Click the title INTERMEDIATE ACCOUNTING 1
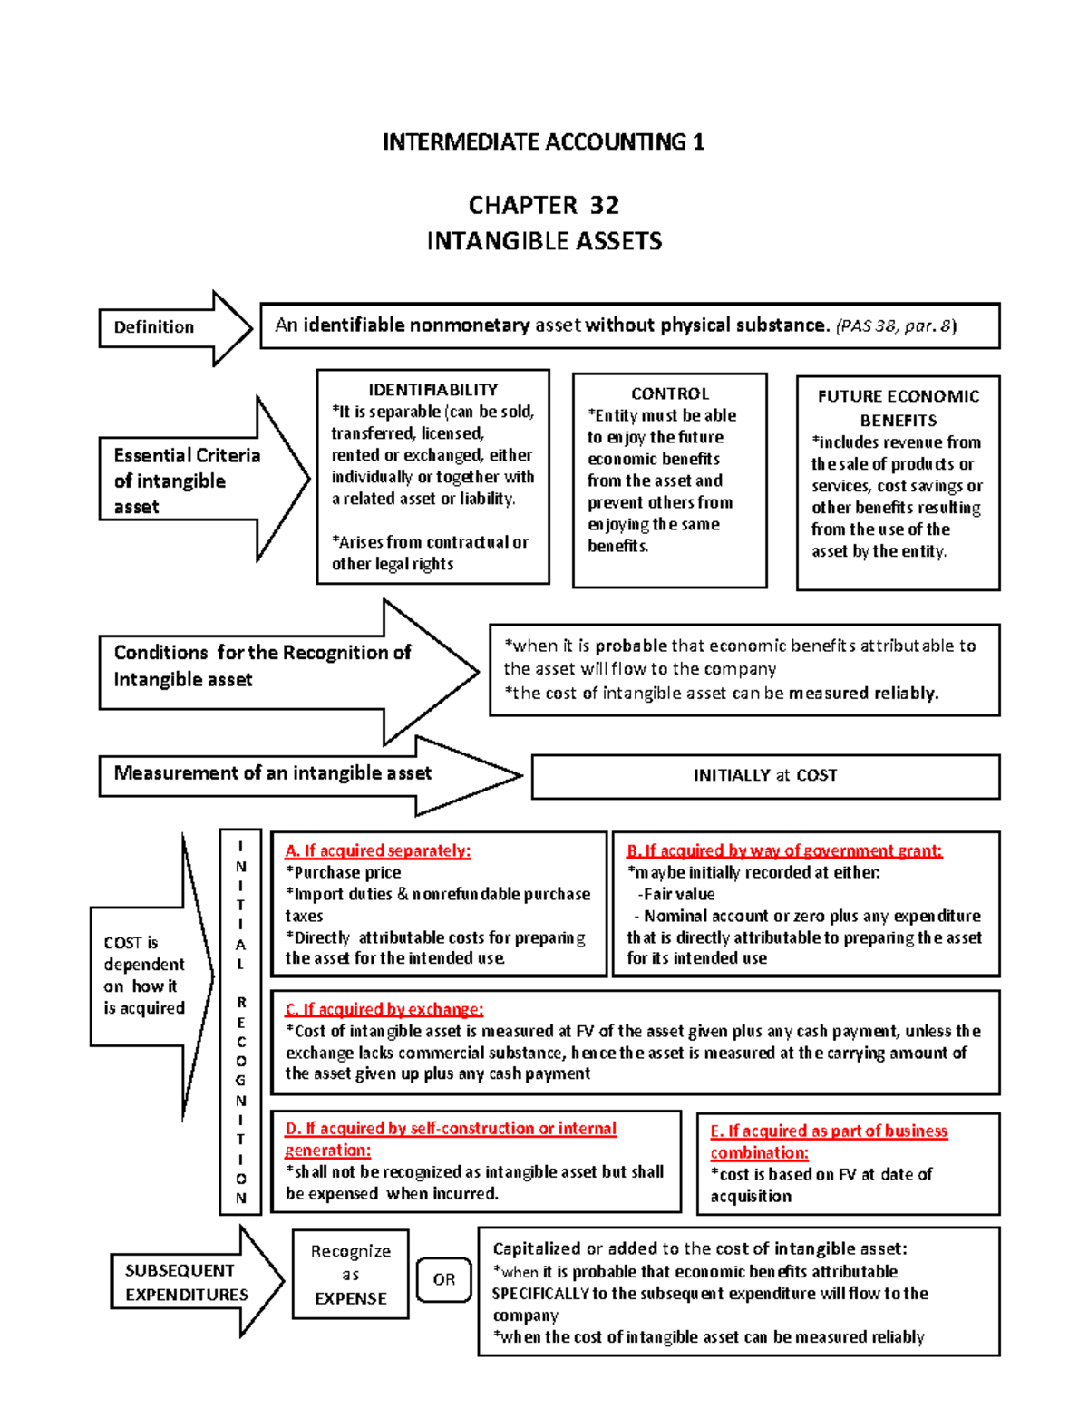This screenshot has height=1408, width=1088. [x=543, y=142]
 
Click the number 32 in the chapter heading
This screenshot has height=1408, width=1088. [x=605, y=206]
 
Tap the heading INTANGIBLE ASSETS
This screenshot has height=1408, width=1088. [x=544, y=241]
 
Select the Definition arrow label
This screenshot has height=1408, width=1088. [x=154, y=327]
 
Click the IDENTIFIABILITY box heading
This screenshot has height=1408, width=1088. [x=432, y=390]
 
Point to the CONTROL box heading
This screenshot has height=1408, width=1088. [x=670, y=393]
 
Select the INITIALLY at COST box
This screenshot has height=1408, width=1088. [x=765, y=775]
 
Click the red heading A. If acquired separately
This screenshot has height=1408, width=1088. [x=378, y=850]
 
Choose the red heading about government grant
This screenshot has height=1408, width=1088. [x=784, y=850]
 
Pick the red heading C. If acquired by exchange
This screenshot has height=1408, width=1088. [x=384, y=1009]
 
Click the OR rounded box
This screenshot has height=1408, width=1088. [x=443, y=1279]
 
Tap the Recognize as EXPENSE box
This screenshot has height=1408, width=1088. [x=351, y=1274]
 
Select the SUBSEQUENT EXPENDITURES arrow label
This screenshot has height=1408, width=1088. [x=186, y=1282]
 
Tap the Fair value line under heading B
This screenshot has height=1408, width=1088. [x=679, y=894]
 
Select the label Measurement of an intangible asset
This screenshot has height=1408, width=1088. [x=272, y=773]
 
